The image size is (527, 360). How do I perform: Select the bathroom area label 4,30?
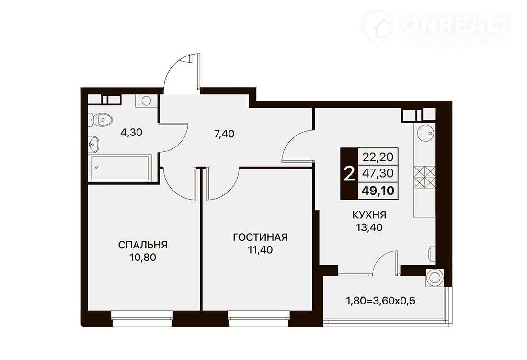[131, 132]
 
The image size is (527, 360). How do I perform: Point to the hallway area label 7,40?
[224, 134]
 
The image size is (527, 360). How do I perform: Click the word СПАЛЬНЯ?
[143, 245]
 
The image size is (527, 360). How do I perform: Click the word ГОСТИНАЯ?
[261, 237]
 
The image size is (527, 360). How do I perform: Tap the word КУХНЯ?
[369, 214]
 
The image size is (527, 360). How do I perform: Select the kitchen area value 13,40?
[369, 227]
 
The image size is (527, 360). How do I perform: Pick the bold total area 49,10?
[378, 191]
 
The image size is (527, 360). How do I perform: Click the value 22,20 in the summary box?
[378, 157]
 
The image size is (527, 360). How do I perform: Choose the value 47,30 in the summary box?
[378, 173]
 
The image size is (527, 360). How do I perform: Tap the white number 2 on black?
[350, 174]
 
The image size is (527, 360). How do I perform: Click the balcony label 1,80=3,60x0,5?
[381, 300]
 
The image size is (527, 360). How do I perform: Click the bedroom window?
[141, 318]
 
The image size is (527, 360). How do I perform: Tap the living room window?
[259, 318]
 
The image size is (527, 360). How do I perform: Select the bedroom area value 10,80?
[143, 258]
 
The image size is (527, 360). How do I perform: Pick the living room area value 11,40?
[260, 250]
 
